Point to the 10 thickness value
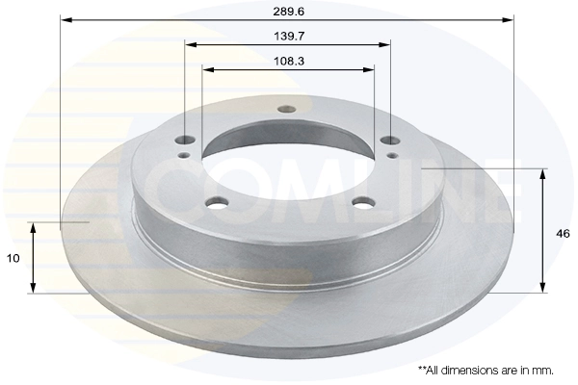point(13,258)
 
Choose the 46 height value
point(563,233)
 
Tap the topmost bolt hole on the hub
point(285,109)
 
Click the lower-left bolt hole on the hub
point(220,202)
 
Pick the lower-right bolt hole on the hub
point(363,202)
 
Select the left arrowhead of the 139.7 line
point(190,44)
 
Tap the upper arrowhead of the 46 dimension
point(544,173)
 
